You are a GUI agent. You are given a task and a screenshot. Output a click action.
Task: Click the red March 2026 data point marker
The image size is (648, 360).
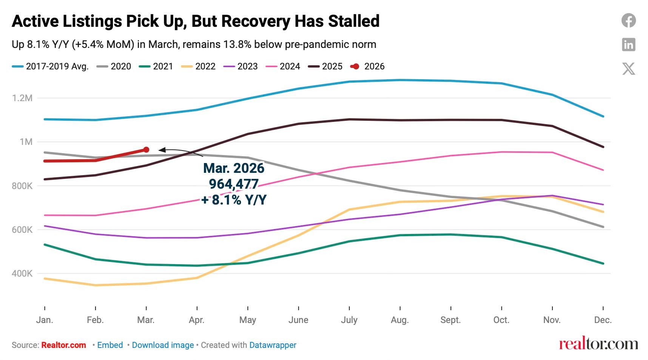[146, 150]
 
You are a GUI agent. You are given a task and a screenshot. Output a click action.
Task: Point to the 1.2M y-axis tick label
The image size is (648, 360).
[22, 98]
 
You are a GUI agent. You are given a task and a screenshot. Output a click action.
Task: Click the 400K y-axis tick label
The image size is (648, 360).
[22, 274]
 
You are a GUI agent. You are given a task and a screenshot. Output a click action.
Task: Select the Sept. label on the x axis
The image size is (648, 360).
[451, 320]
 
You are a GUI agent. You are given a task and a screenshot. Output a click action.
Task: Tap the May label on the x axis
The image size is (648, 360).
[248, 320]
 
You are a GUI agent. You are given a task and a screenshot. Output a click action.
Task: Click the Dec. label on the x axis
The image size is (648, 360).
[603, 320]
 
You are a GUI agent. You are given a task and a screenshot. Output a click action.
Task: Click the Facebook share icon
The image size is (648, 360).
[629, 20]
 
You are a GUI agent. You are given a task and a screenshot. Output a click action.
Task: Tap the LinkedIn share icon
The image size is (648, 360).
[629, 45]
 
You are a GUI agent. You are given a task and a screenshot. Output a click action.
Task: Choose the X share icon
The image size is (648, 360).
[629, 69]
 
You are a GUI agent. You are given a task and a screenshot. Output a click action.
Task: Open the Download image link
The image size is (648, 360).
[163, 345]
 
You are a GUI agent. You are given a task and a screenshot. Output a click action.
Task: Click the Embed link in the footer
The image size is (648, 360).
[110, 345]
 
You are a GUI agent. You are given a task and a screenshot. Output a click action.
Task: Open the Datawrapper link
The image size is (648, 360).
[273, 345]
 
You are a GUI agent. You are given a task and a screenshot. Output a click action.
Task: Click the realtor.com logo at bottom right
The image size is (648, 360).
[599, 344]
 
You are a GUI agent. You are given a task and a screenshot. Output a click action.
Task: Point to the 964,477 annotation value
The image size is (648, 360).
[234, 184]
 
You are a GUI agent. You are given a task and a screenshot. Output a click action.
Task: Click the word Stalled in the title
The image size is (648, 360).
[353, 21]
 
